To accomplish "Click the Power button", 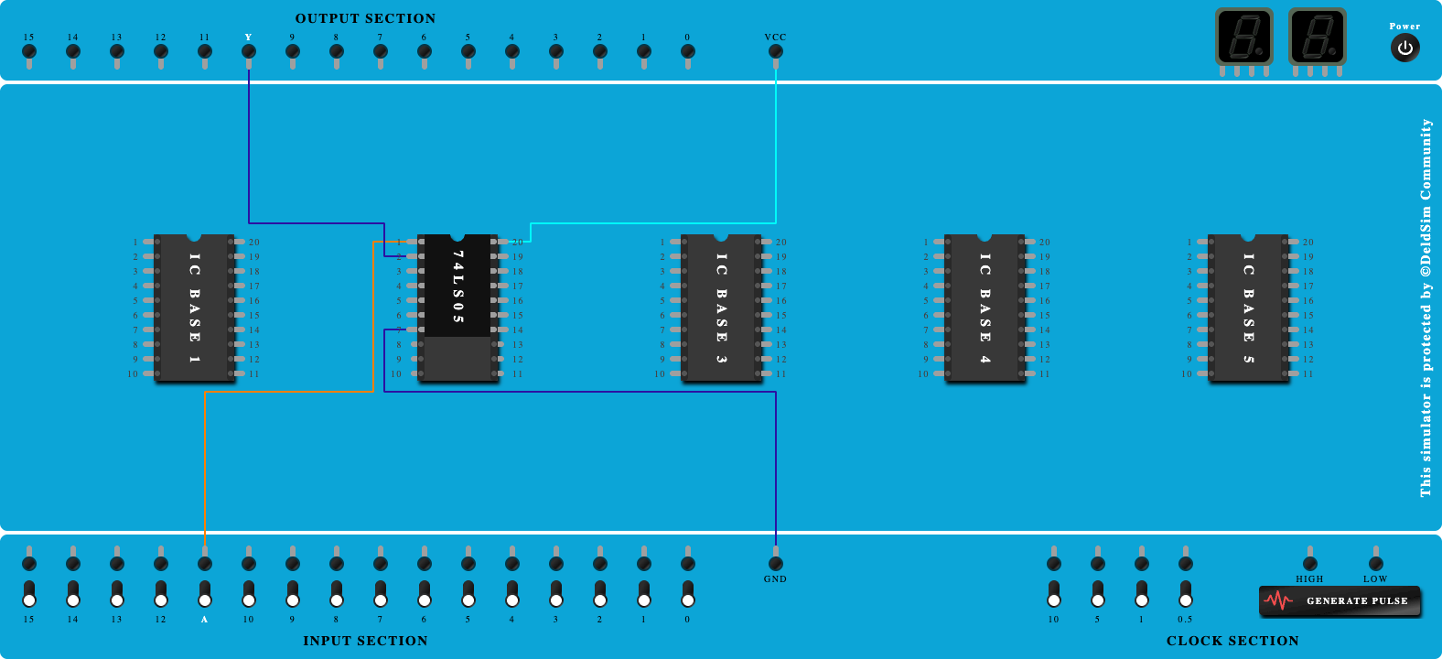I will [1404, 48].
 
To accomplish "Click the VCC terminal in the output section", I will [776, 51].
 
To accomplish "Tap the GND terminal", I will [776, 563].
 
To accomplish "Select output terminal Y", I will [249, 51].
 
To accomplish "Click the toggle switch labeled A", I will [205, 593].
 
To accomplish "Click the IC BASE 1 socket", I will [195, 307].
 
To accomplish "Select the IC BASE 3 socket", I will [722, 307].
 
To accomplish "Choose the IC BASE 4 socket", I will [985, 307].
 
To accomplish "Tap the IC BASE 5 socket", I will [1249, 307].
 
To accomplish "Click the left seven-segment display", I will [1243, 38].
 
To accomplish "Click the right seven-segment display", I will [1317, 38].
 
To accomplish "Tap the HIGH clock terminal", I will [1310, 563].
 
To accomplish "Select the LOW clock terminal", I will [1376, 563].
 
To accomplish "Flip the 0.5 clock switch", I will [1186, 593].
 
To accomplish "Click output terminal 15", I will [29, 51].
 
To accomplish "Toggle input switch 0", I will [688, 593].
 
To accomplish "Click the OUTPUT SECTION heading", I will [365, 18].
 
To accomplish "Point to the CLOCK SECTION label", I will [1232, 641].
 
